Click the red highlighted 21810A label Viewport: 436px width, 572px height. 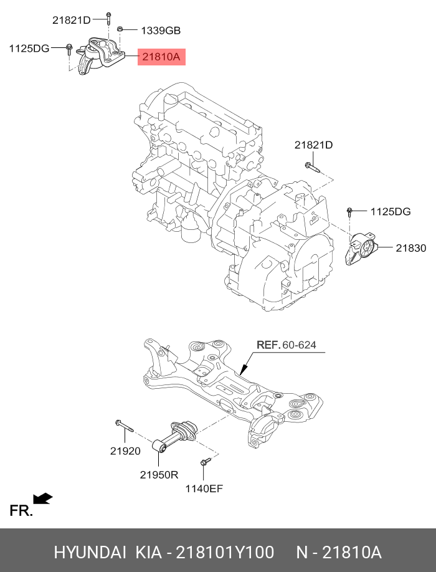161,57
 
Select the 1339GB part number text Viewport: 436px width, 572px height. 161,30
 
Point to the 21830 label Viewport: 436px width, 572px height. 410,248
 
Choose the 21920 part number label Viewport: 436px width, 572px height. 125,450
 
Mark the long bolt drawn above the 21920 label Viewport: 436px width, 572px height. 125,427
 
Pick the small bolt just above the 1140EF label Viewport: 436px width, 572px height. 205,462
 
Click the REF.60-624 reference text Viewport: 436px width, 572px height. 286,345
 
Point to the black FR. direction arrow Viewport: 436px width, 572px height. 42,498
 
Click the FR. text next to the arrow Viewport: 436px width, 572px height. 21,511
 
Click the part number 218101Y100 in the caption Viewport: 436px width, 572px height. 224,552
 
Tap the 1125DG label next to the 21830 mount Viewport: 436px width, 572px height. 391,212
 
